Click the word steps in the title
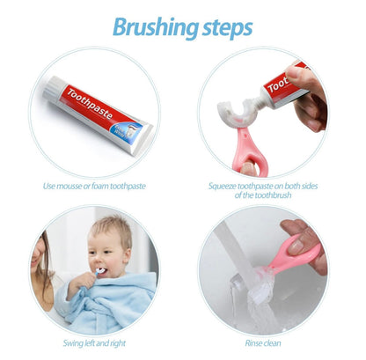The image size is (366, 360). click(223, 26)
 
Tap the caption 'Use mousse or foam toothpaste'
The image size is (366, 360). click(95, 186)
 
